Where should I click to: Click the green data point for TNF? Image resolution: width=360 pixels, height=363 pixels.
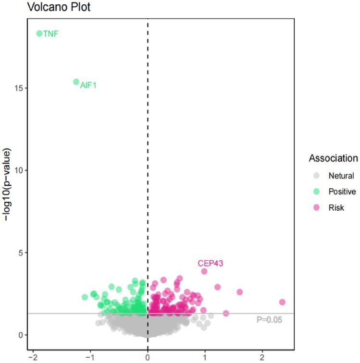[x=39, y=34]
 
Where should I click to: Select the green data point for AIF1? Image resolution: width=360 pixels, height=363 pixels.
[x=76, y=82]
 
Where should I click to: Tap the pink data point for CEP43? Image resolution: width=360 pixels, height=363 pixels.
[x=204, y=271]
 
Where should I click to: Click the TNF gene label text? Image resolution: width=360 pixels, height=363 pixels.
[x=51, y=34]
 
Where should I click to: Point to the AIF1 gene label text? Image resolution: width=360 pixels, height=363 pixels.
[x=88, y=85]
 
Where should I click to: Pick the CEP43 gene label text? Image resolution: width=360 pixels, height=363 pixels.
[x=210, y=263]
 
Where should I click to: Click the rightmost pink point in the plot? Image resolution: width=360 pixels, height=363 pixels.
[x=282, y=302]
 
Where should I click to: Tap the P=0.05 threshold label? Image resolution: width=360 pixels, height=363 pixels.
[x=269, y=319]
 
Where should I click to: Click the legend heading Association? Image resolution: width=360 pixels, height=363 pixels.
[x=333, y=158]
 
